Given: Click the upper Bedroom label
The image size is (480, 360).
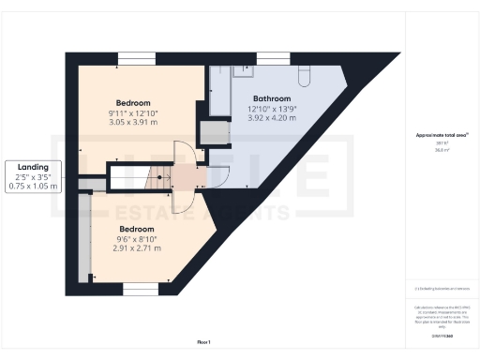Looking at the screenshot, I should (x=133, y=102).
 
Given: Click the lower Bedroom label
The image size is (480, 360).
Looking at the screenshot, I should (x=137, y=228).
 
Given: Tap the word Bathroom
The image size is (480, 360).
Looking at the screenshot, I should (x=272, y=98).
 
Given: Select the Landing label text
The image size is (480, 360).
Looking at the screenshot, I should (x=32, y=167).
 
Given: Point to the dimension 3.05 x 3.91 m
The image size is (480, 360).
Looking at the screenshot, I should (x=133, y=122).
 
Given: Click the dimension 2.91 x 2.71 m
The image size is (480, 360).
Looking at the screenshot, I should (x=137, y=248).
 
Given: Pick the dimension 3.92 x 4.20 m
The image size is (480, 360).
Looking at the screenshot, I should (x=272, y=119).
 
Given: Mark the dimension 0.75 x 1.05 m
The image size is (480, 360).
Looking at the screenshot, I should (x=32, y=186).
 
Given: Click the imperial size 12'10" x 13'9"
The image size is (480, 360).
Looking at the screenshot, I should (x=272, y=109).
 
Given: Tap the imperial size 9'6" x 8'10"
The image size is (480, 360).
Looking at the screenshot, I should (x=137, y=238).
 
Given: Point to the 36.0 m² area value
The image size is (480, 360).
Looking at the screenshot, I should (x=442, y=149).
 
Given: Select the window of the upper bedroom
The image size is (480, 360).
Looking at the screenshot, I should (x=130, y=60).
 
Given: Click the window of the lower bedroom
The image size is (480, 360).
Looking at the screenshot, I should (x=141, y=291).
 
